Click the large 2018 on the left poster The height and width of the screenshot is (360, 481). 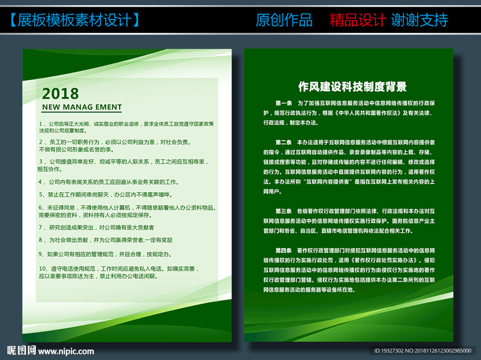point(61,93)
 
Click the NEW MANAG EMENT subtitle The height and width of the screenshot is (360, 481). point(82,107)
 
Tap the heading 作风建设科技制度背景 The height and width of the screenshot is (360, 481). point(352,87)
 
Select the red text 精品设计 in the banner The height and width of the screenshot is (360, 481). point(357,20)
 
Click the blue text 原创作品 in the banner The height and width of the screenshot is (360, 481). point(284,20)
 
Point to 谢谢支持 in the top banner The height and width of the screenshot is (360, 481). point(419,20)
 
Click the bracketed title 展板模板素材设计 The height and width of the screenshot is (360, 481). point(75,20)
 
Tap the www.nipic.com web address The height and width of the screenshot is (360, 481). point(66,352)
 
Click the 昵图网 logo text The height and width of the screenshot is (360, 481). point(22,350)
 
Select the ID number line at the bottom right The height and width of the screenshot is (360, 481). point(423,351)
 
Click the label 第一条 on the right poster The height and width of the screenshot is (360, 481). point(283,103)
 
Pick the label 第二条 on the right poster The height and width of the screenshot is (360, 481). point(283,142)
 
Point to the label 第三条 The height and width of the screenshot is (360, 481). point(283,211)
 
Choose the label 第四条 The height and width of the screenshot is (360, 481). point(283,251)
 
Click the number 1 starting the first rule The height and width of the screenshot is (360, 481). point(40,124)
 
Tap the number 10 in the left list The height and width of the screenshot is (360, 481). point(42,268)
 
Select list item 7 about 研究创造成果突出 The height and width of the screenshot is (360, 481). point(96,228)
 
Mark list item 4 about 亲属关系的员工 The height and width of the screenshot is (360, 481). point(109,182)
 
